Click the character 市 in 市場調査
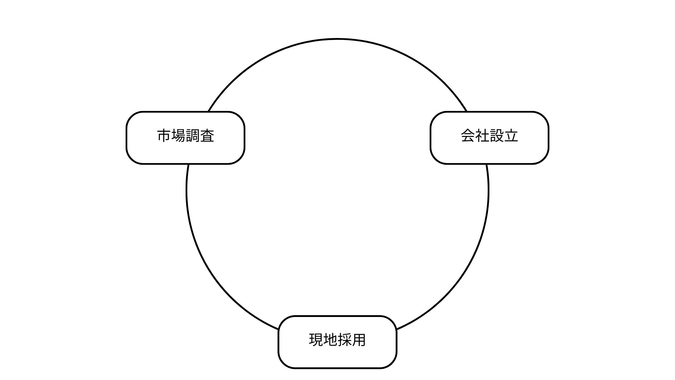click(x=164, y=136)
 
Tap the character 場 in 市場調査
click(x=178, y=136)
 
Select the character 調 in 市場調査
click(x=193, y=136)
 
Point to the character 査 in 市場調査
click(x=207, y=136)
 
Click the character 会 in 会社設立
click(x=468, y=136)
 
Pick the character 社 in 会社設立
click(x=482, y=136)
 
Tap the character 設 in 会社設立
click(x=497, y=136)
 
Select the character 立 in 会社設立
click(x=511, y=136)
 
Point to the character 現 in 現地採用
click(x=316, y=340)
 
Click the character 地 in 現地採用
click(x=330, y=340)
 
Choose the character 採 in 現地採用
click(x=345, y=340)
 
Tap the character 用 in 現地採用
click(x=359, y=340)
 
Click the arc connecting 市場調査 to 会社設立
click(x=337, y=39)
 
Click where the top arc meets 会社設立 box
click(x=467, y=112)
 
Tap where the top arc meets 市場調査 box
click(x=208, y=112)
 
